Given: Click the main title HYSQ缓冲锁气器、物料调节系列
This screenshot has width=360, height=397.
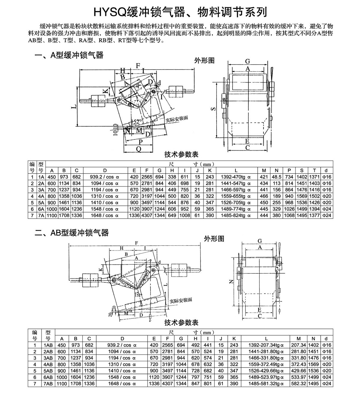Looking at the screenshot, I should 180,12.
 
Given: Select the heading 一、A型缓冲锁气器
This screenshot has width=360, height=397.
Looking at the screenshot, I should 69,55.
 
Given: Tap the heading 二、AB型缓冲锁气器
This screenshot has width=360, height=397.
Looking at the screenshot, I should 72,233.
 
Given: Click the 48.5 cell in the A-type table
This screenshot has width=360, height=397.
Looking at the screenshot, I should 277,177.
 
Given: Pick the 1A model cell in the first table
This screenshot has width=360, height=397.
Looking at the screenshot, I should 41,177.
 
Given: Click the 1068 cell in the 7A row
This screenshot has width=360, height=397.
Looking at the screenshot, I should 289,215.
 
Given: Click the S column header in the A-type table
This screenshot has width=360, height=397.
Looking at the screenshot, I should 302,170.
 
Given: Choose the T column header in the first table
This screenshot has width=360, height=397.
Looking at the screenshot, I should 314,170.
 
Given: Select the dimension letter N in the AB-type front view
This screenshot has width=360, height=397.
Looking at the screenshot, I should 231,281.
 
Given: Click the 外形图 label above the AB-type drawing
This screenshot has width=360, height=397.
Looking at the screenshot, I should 214,239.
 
